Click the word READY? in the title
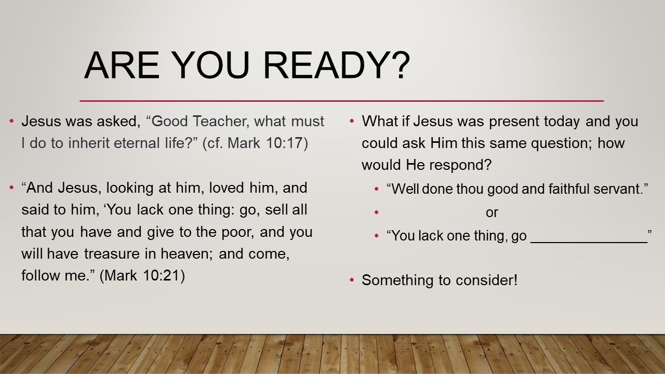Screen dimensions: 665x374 tap(337, 65)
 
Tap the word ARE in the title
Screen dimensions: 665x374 tap(122, 65)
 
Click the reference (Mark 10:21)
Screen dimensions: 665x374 tap(142, 275)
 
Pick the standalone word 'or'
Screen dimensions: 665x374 tap(492, 213)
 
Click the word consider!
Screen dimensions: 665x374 tap(487, 280)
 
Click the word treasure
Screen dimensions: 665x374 tap(112, 254)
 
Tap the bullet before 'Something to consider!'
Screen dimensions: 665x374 tap(352, 280)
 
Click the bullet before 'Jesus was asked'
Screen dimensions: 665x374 tap(11, 121)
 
